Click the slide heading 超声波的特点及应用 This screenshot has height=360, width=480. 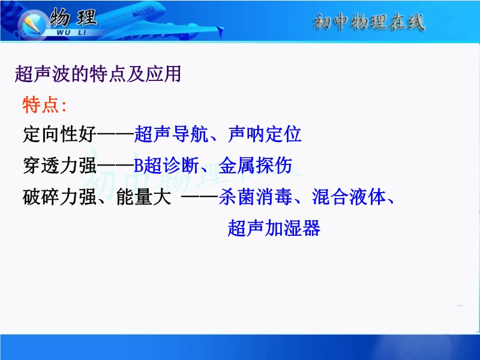pyautogui.click(x=98, y=74)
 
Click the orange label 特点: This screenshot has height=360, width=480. pyautogui.click(x=44, y=104)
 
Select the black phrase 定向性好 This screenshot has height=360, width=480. pyautogui.click(x=59, y=134)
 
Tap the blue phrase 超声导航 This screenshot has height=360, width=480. pyautogui.click(x=172, y=134)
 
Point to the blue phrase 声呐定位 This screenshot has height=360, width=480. pyautogui.click(x=265, y=134)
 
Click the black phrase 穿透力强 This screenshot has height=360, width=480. pyautogui.click(x=59, y=166)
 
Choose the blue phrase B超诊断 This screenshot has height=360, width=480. pyautogui.click(x=167, y=166)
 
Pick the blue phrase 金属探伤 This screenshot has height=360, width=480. pyautogui.click(x=256, y=166)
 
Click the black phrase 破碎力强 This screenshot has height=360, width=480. pyautogui.click(x=59, y=197)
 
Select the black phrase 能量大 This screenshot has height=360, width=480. pyautogui.click(x=143, y=197)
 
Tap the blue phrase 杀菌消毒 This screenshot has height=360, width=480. pyautogui.click(x=256, y=197)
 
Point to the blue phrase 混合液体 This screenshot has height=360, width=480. pyautogui.click(x=349, y=197)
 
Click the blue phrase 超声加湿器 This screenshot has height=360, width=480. pyautogui.click(x=274, y=228)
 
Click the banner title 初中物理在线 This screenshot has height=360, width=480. pyautogui.click(x=369, y=22)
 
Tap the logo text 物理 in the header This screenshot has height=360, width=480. pyautogui.click(x=73, y=17)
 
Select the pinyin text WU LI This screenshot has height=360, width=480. pyautogui.click(x=71, y=32)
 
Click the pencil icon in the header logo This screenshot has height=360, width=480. pyautogui.click(x=32, y=24)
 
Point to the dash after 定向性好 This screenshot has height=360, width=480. pyautogui.click(x=115, y=134)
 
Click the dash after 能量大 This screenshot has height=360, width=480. pyautogui.click(x=200, y=197)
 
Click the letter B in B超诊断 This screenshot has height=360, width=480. pyautogui.click(x=139, y=166)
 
